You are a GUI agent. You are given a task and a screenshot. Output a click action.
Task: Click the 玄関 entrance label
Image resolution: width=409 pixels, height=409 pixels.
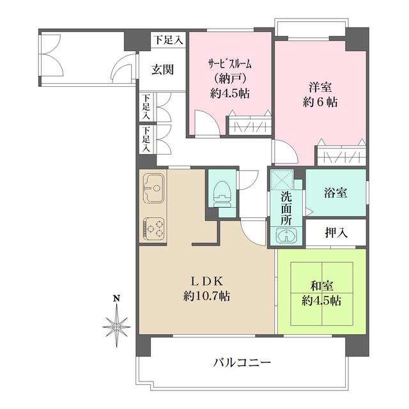(163, 70)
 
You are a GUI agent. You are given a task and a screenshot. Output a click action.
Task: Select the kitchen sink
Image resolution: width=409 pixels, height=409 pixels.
(153, 187)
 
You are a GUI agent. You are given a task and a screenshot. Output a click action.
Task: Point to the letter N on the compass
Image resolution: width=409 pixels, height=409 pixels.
(116, 298)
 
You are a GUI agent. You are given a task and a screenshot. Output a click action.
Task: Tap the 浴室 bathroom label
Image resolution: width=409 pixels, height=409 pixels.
(336, 190)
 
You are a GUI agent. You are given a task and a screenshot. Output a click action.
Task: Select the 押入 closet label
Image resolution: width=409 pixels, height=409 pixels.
(336, 233)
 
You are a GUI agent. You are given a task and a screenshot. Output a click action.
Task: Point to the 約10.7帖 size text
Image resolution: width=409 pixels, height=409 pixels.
(207, 297)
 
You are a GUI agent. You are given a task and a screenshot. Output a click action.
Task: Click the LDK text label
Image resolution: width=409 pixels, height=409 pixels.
(207, 281)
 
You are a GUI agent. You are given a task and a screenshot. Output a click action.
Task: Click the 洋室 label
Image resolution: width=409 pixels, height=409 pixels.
(320, 86)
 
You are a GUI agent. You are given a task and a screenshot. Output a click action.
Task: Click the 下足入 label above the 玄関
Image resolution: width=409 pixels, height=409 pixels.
(167, 40)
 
